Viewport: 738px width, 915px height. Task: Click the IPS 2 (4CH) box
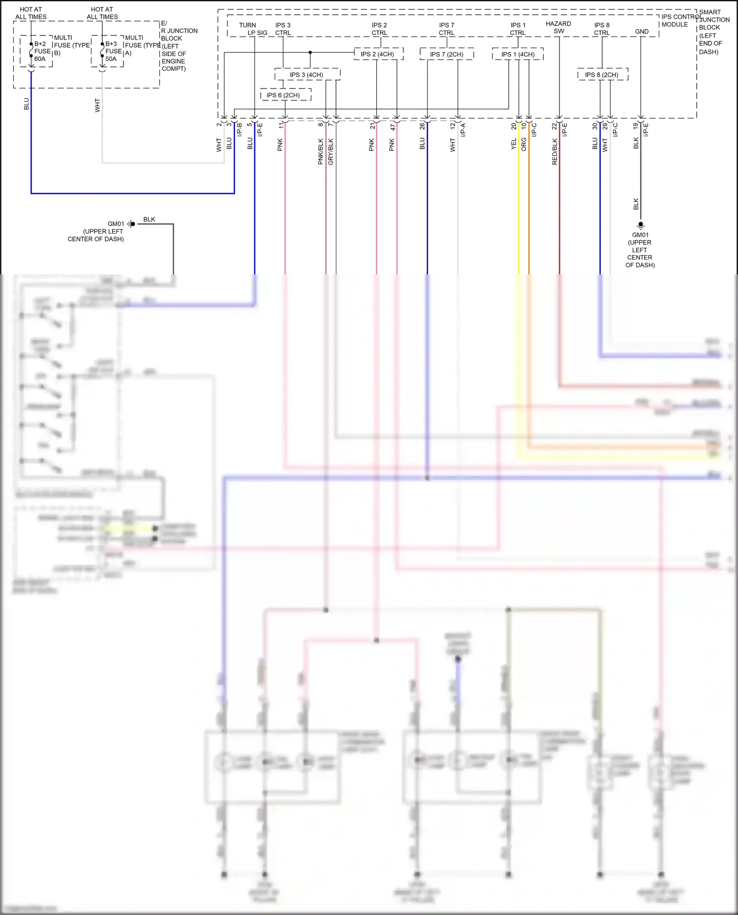click(378, 54)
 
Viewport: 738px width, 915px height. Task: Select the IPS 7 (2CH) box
click(446, 54)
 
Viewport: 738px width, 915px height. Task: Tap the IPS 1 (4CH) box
click(518, 54)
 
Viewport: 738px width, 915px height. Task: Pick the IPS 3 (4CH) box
click(307, 75)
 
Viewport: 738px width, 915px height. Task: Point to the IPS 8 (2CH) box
click(602, 75)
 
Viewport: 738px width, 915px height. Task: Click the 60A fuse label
click(40, 59)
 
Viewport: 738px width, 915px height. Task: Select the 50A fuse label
click(111, 59)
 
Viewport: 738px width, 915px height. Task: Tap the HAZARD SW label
click(558, 27)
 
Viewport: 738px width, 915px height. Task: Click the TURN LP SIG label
click(253, 29)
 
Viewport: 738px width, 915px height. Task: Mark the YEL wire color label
click(514, 144)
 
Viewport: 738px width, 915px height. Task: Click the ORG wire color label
click(524, 144)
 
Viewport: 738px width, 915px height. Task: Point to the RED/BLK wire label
click(555, 151)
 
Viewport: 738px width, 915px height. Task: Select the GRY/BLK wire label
click(331, 151)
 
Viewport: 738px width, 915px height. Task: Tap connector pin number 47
click(393, 127)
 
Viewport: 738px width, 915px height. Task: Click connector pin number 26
click(422, 126)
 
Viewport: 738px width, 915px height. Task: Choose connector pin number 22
click(554, 126)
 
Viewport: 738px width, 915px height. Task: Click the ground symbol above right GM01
click(641, 226)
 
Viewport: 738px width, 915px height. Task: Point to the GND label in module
click(642, 31)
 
